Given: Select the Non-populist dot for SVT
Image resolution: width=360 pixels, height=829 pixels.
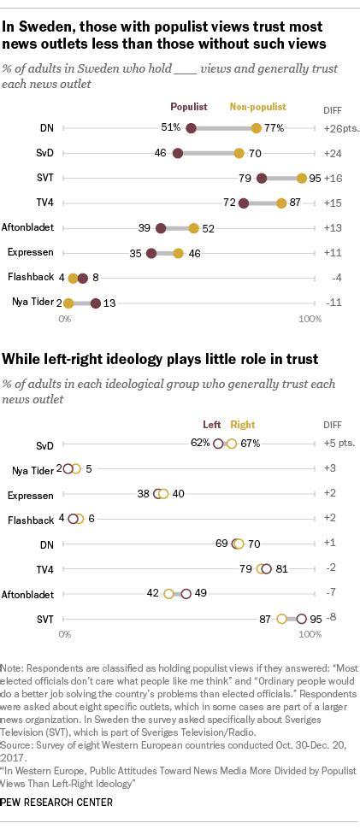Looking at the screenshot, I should [301, 178].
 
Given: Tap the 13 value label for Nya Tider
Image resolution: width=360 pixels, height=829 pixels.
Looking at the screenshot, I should [109, 303].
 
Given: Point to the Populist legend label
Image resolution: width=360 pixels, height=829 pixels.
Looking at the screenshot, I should [189, 108].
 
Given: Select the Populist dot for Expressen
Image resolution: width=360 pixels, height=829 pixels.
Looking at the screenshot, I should [151, 253].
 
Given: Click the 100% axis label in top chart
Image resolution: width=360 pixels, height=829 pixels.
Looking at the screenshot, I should [309, 319].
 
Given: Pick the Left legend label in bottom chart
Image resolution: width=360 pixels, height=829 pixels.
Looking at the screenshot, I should [211, 424].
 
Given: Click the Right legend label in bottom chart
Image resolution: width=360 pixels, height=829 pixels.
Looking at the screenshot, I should [243, 424].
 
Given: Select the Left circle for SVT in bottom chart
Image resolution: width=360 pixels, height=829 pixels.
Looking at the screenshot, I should [300, 618].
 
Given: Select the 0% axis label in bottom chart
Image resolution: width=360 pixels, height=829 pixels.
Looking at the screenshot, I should [64, 635].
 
